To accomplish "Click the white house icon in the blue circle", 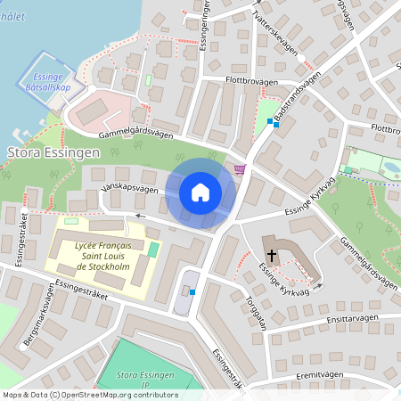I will coord(200,192).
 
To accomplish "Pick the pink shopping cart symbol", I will coord(239,168).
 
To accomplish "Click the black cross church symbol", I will coord(272,254).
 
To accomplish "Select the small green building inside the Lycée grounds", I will coord(151,249).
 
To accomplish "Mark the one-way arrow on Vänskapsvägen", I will coord(139,215).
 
